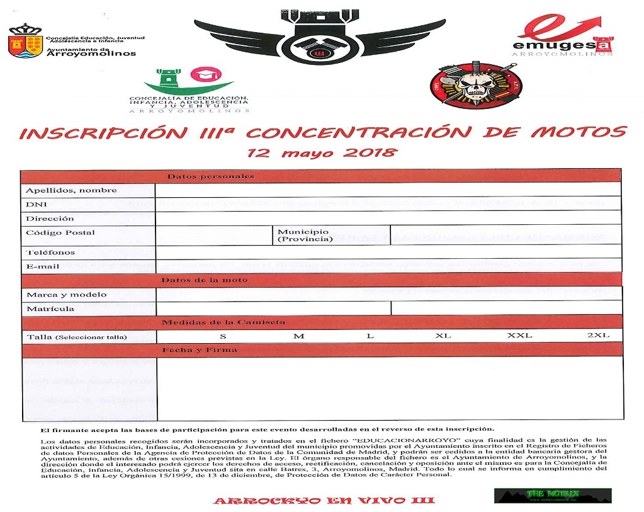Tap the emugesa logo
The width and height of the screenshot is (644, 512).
[562, 35]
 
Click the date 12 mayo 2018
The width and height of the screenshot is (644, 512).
[322, 152]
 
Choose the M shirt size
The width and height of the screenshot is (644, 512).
[298, 336]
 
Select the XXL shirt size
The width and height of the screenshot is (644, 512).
[519, 336]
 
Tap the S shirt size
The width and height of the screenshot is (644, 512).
[223, 336]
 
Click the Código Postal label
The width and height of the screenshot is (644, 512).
[60, 232]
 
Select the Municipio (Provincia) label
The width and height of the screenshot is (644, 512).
[305, 236]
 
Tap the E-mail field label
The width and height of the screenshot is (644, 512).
[43, 266]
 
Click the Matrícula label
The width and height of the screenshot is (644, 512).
[50, 309]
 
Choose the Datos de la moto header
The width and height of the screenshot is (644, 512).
[205, 280]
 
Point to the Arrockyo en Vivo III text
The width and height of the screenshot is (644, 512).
[324, 501]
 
